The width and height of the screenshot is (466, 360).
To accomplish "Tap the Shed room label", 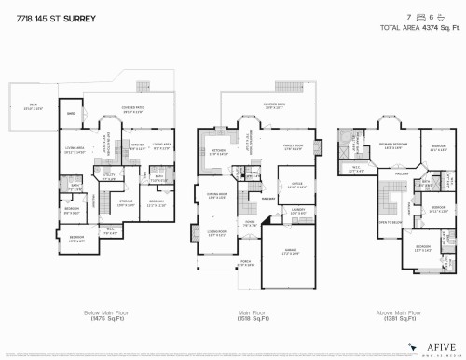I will [x=71, y=114].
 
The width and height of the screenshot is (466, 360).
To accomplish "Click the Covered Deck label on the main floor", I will [x=274, y=105].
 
